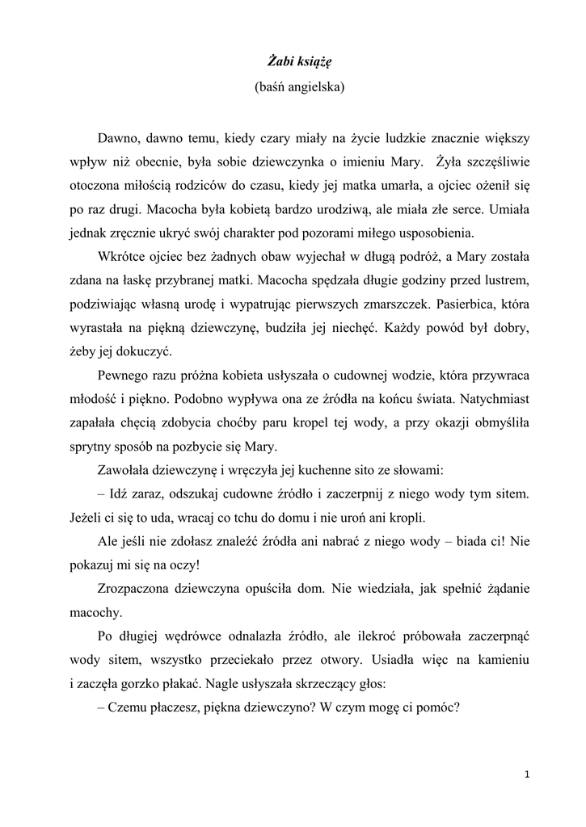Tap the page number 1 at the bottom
click(x=526, y=775)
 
